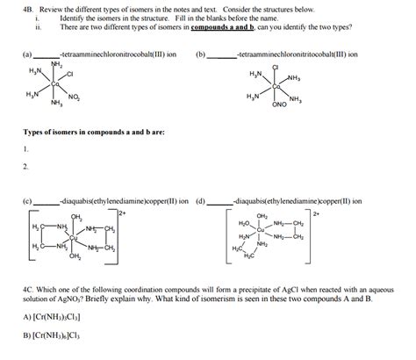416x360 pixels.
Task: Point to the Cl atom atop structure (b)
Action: point(276,68)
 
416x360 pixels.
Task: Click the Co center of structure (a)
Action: point(54,84)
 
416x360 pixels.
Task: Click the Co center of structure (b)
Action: point(276,86)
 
